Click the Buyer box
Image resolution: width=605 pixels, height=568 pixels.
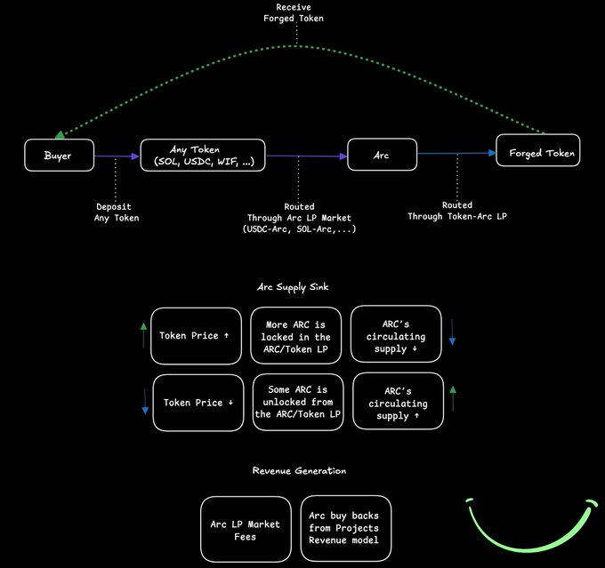pyautogui.click(x=59, y=155)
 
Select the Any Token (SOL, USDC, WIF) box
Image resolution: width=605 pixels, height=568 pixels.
pyautogui.click(x=203, y=155)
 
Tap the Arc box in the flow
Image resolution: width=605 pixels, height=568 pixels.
pyautogui.click(x=382, y=155)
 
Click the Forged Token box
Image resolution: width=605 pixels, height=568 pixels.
pyautogui.click(x=538, y=150)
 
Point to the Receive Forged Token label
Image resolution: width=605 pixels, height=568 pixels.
pyautogui.click(x=294, y=12)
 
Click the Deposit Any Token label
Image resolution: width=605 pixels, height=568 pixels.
pyautogui.click(x=117, y=212)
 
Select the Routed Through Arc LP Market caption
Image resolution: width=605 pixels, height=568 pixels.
pyautogui.click(x=299, y=218)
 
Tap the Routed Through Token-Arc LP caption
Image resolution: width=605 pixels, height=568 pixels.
pyautogui.click(x=457, y=211)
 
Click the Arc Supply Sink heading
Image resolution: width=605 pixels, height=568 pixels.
pyautogui.click(x=293, y=287)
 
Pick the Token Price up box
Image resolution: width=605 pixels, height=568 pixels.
pyautogui.click(x=196, y=336)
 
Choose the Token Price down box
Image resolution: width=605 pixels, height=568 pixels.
pyautogui.click(x=198, y=403)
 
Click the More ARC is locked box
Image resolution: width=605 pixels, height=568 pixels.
pyautogui.click(x=296, y=335)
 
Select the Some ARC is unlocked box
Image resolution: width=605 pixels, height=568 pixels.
pyautogui.click(x=298, y=402)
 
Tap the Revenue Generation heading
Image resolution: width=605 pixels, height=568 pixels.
pyautogui.click(x=299, y=470)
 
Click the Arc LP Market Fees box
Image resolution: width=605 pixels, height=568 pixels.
pyautogui.click(x=246, y=529)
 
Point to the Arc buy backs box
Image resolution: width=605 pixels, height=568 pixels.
pyautogui.click(x=346, y=528)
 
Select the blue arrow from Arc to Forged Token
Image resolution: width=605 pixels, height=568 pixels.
pyautogui.click(x=456, y=154)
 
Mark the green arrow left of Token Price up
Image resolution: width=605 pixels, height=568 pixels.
pyautogui.click(x=143, y=335)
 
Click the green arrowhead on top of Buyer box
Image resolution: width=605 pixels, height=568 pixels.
pyautogui.click(x=60, y=134)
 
